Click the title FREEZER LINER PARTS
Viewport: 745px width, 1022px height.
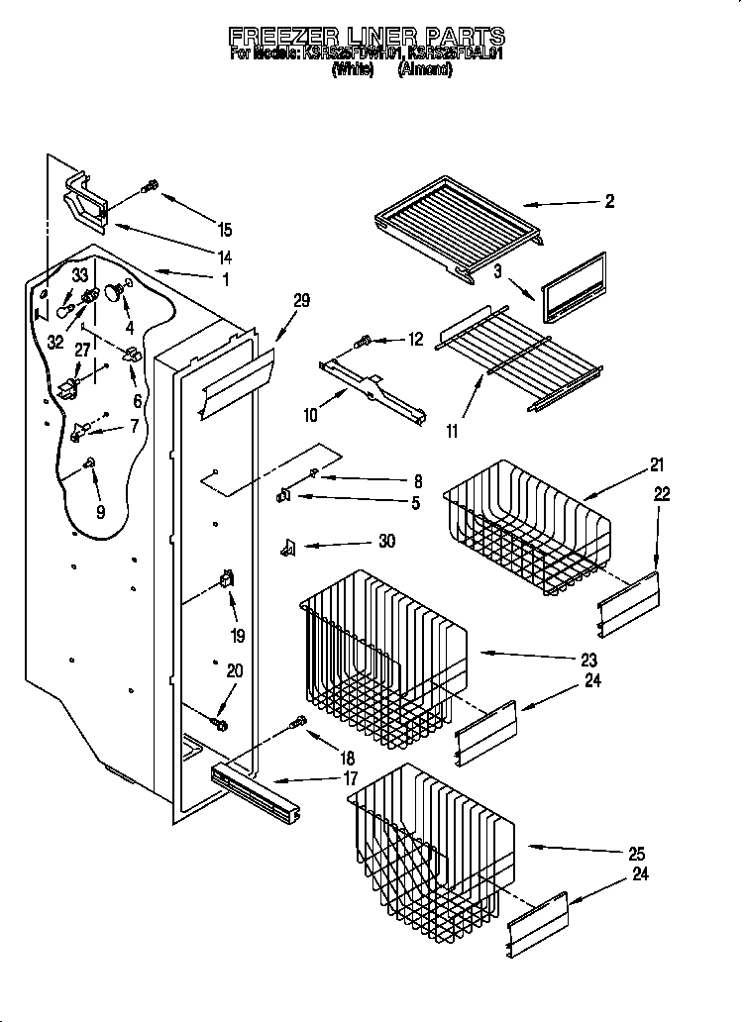[x=367, y=37]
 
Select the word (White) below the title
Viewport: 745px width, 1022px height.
[x=352, y=70]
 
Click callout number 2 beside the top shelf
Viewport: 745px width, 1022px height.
[x=608, y=201]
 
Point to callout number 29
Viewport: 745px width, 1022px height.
[x=301, y=300]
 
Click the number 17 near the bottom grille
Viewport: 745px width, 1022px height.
[x=351, y=779]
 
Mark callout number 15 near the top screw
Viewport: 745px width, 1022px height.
[x=225, y=230]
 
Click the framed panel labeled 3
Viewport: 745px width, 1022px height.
[x=573, y=287]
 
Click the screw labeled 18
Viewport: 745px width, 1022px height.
[x=296, y=726]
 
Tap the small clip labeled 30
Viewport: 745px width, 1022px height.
[x=288, y=547]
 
